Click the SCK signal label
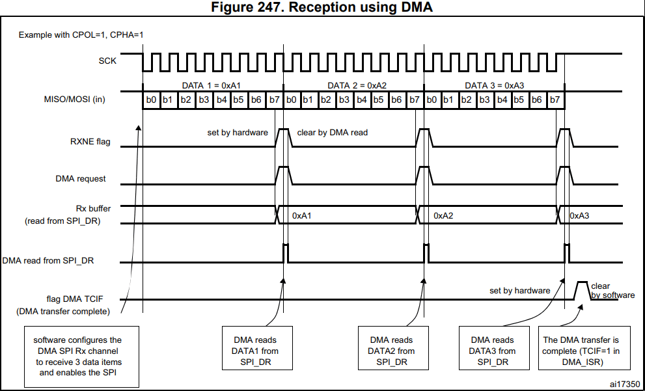108,61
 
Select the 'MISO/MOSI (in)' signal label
74,100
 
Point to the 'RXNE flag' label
90,142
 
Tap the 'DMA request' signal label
81,179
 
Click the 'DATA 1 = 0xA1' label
212,85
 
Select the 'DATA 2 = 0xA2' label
357,85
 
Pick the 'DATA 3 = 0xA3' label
495,85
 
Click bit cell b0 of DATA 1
151,100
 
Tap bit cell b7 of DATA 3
555,100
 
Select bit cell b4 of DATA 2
362,100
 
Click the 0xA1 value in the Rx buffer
302,215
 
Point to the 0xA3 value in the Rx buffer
579,215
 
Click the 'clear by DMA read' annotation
333,132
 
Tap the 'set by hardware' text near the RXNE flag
238,132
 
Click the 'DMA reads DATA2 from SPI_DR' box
393,348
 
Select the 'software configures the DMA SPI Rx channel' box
81,357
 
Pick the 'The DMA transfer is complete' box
584,348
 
